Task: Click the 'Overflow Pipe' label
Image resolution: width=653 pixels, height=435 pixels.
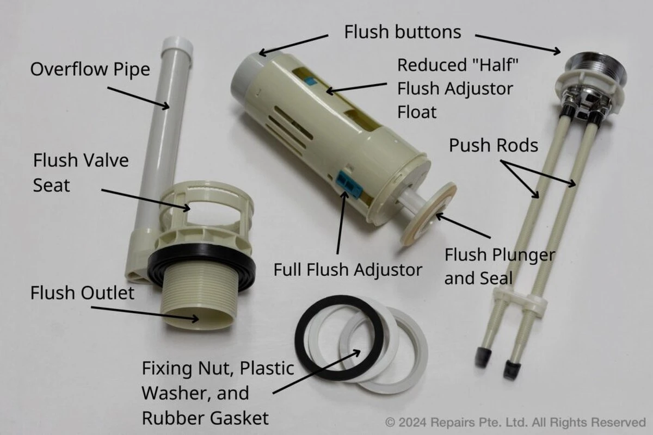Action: click(90, 70)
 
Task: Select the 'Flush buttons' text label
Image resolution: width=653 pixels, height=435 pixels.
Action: click(403, 32)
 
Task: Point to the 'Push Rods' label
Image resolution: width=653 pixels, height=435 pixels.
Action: click(494, 145)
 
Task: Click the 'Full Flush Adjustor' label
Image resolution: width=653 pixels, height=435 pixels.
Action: click(348, 270)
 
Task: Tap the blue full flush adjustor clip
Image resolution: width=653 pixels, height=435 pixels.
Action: click(349, 185)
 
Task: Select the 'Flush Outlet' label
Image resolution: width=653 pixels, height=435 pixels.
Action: click(82, 293)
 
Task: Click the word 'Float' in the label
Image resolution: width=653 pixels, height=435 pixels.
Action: click(417, 112)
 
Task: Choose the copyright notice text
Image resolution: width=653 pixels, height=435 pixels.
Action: click(515, 422)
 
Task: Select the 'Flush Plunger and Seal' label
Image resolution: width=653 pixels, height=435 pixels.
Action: click(500, 266)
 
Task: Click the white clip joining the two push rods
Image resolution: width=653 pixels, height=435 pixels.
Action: click(521, 302)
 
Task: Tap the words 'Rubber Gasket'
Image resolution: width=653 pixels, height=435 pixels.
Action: click(205, 418)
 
